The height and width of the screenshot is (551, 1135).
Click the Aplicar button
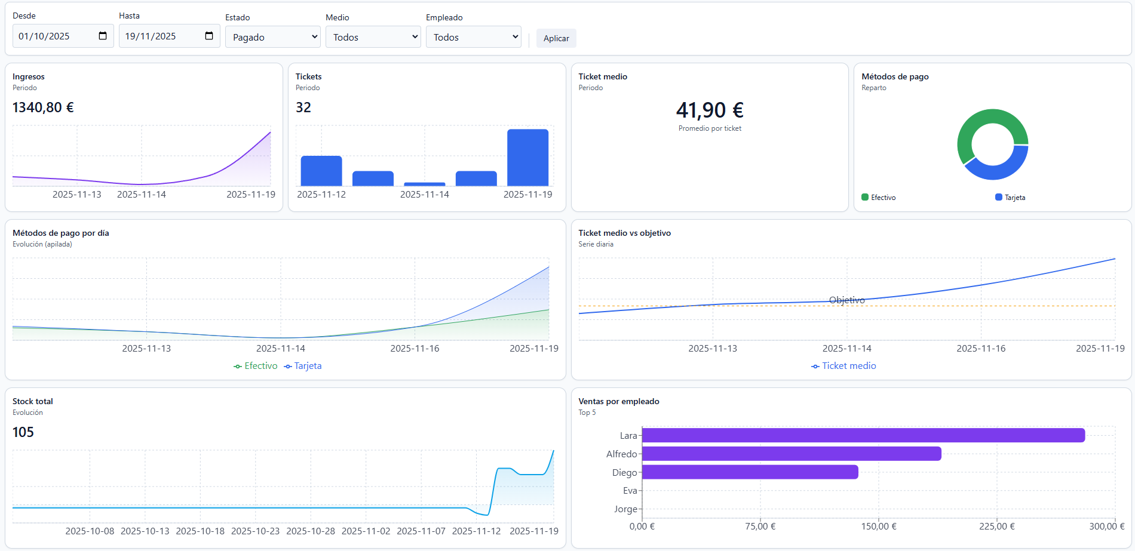pos(556,38)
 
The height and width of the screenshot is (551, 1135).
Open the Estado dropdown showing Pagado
pos(272,37)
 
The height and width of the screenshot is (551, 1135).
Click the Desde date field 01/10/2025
pos(54,36)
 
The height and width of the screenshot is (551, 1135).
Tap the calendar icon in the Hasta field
pos(209,36)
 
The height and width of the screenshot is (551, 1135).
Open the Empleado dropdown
pos(473,37)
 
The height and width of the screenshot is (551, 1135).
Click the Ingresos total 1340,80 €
pos(43,107)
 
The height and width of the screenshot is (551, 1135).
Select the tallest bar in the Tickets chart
pos(527,158)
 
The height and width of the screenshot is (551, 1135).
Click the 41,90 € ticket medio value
pos(709,110)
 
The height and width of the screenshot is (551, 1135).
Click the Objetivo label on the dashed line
pos(846,300)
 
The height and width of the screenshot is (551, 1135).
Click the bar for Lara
pos(863,435)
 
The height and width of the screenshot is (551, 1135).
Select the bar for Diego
pos(750,472)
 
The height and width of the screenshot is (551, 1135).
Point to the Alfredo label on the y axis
pos(621,454)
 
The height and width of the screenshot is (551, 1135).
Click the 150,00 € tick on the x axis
pos(878,527)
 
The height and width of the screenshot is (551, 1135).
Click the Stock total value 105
pos(23,432)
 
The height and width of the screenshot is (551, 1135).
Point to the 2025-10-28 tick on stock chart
pos(311,531)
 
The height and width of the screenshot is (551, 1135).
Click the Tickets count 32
pos(303,107)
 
